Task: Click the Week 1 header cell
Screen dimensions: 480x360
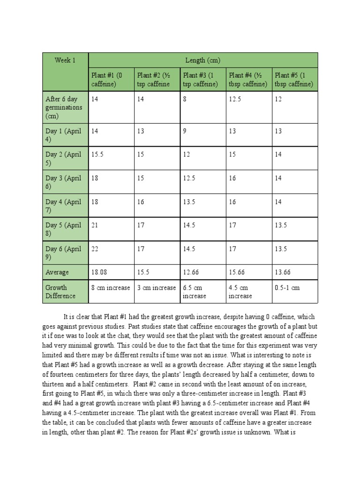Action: point(65,60)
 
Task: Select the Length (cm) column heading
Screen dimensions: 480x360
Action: point(202,60)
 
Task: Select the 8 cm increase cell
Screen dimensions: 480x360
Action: point(111,288)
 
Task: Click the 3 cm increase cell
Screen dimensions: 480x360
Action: point(157,288)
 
